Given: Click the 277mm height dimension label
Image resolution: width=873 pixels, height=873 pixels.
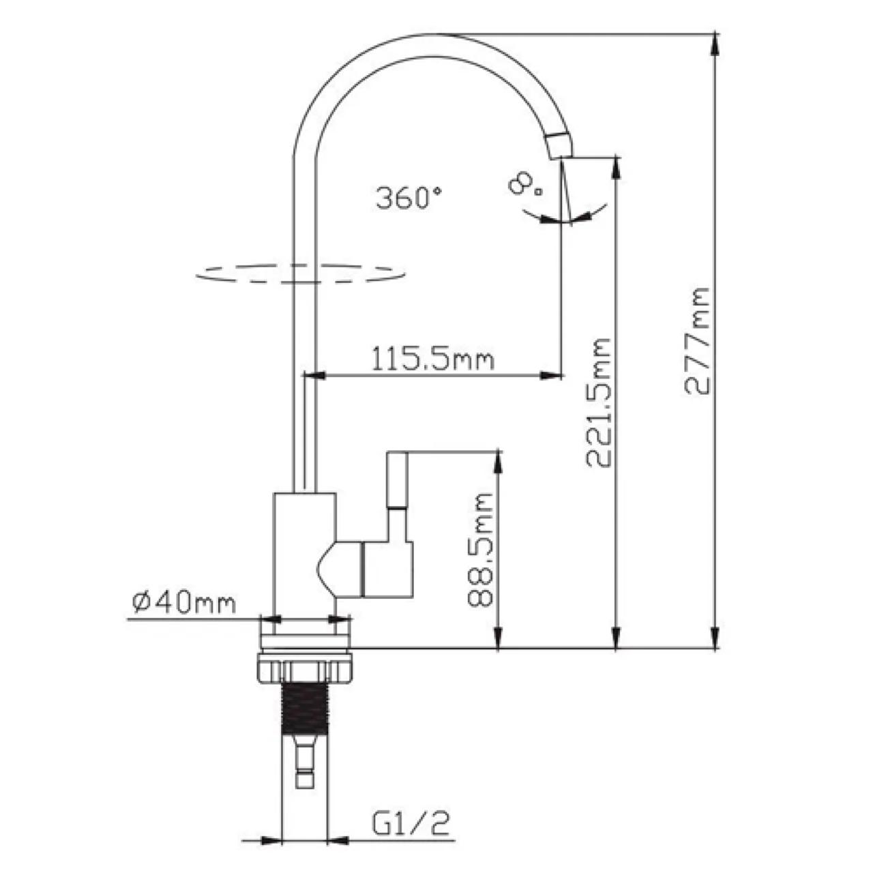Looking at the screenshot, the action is (x=696, y=341).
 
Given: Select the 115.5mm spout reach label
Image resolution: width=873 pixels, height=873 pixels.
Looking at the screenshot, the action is (x=432, y=358).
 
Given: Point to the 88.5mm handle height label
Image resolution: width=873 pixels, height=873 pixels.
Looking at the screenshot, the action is (x=479, y=550).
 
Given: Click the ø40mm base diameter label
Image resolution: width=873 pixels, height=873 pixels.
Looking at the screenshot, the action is (x=184, y=602).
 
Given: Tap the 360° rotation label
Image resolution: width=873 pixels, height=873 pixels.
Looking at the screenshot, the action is (x=409, y=198).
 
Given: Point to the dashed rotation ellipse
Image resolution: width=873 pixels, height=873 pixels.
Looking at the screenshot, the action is (x=300, y=274).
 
